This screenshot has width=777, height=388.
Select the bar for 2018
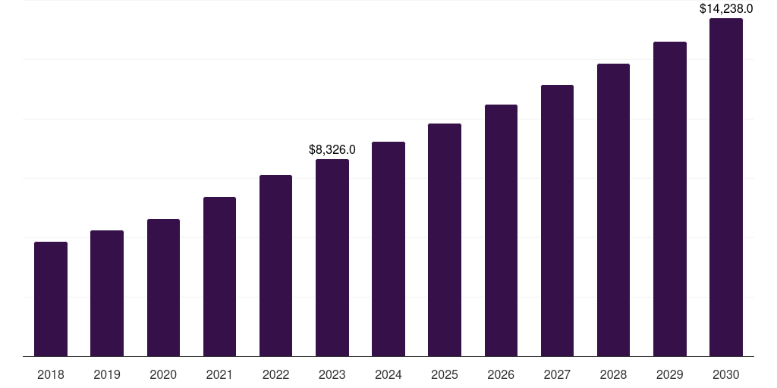(51, 299)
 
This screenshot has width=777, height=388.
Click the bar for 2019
(107, 293)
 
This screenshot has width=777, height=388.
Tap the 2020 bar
(163, 288)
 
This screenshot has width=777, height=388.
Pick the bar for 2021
(219, 277)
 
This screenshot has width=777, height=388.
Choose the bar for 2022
(275, 266)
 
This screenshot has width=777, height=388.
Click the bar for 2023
(332, 258)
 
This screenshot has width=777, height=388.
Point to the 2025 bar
(445, 240)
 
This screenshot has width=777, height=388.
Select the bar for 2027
(557, 221)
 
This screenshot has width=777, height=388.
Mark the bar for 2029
(669, 199)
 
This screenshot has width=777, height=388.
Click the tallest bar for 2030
(726, 187)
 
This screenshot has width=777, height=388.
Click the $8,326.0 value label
(332, 150)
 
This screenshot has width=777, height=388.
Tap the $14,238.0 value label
(726, 9)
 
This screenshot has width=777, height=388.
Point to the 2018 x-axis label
(51, 375)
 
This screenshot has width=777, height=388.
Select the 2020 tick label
(163, 375)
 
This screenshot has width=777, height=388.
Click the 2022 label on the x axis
(275, 375)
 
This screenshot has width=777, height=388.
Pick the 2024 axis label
(388, 375)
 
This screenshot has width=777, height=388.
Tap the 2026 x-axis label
(501, 375)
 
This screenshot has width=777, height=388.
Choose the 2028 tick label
(613, 375)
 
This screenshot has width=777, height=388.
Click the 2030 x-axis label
(726, 375)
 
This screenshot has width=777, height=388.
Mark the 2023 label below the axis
(332, 375)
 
